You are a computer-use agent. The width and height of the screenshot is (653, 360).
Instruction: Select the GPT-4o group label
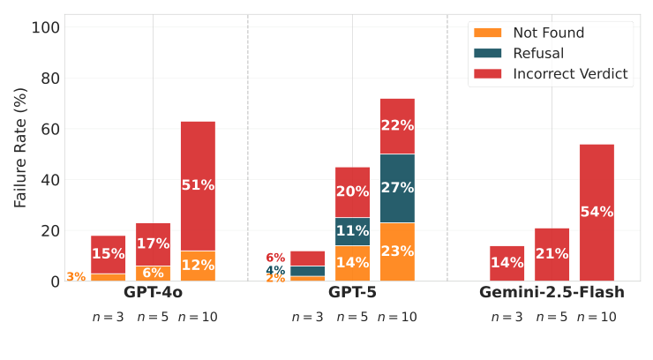(x=153, y=292)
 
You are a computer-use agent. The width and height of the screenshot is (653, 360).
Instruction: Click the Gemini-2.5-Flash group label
(x=552, y=292)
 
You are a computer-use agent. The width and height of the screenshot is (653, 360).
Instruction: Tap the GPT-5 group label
(x=352, y=292)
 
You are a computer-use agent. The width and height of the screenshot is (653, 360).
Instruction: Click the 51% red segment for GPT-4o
(x=198, y=185)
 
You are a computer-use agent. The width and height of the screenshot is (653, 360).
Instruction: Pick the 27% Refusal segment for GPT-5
(x=397, y=188)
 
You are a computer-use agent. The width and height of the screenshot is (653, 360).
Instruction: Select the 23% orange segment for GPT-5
(x=397, y=251)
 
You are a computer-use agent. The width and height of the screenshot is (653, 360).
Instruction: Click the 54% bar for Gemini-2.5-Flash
(x=597, y=212)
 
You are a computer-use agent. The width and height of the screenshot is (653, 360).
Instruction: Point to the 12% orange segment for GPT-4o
(x=198, y=266)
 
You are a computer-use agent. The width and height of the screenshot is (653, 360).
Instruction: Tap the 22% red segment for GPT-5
(x=397, y=125)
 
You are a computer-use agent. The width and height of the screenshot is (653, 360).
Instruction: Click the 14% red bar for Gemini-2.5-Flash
(x=507, y=263)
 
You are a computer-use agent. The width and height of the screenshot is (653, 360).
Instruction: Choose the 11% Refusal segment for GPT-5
(x=352, y=231)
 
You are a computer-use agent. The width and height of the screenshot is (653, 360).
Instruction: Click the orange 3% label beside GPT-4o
(x=76, y=277)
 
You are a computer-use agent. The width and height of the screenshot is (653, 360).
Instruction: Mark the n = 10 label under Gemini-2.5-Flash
(x=597, y=317)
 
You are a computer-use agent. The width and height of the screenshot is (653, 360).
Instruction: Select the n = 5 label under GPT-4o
(x=153, y=317)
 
